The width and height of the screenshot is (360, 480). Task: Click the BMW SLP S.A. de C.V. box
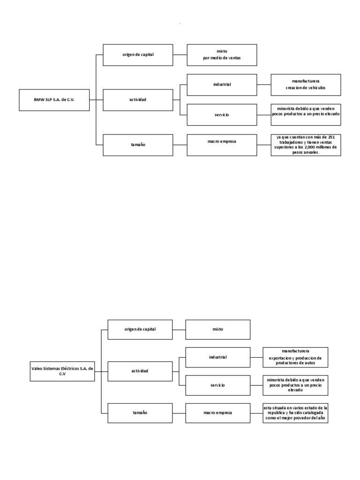pos(54,99)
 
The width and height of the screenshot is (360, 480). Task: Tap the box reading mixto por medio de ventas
pos(222,54)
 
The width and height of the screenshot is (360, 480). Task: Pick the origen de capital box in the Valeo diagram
pos(140,329)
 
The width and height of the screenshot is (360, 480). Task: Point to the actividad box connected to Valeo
pos(140,371)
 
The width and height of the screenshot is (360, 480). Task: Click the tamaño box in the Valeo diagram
pos(140,412)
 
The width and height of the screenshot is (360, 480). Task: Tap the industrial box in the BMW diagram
pos(222,84)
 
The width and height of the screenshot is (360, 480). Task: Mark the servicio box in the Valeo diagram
pos(218,385)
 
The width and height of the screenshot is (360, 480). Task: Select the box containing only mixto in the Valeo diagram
pos(218,329)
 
